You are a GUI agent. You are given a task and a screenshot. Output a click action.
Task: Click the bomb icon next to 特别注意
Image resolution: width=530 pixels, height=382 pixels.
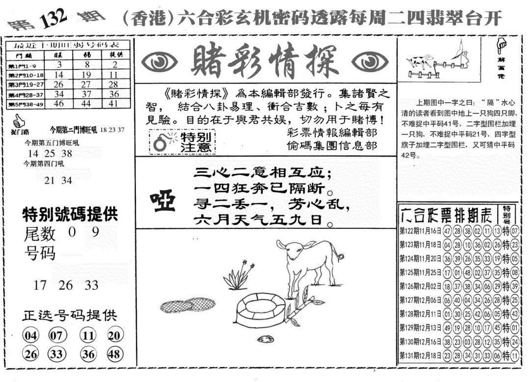pos(160,142)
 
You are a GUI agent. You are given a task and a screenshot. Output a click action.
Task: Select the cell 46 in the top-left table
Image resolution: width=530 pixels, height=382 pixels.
pos(59,104)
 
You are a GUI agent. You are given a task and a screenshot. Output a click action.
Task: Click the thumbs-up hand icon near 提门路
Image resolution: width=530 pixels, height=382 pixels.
pos(19,120)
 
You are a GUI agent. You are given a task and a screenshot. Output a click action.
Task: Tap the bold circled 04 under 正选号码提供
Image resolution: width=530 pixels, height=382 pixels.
pos(30,336)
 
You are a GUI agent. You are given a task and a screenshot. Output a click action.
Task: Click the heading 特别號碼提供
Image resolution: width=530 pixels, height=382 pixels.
pos(70,214)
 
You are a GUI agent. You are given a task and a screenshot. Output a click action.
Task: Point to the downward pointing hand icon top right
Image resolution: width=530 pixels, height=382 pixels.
pos(502,47)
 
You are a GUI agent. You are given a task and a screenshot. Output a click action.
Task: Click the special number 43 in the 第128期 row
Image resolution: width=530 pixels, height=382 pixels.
pos(514,314)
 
